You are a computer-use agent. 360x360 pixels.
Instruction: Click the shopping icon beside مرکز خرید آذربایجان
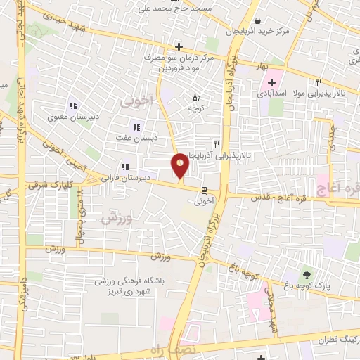pyautogui.click(x=259, y=20)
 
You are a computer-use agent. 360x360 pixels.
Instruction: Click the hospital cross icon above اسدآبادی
pyautogui.click(x=271, y=82)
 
